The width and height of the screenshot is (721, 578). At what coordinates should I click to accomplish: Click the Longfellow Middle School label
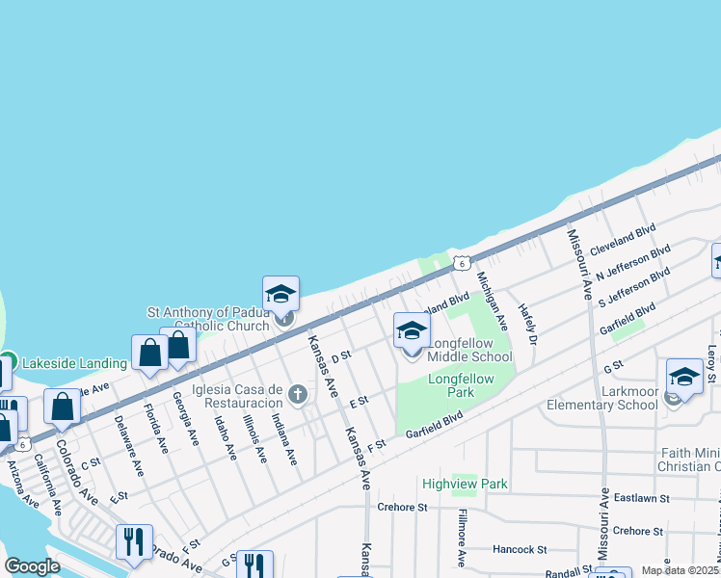pos(469,351)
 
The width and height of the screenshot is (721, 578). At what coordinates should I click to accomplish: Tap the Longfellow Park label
pos(461,385)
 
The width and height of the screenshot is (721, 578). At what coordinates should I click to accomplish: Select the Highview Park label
pos(464,483)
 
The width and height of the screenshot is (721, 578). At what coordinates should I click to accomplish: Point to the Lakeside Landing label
pos(74,363)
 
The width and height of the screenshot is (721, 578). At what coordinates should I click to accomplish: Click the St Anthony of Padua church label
pos(207,319)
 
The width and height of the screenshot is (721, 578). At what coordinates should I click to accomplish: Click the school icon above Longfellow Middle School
pos(412,331)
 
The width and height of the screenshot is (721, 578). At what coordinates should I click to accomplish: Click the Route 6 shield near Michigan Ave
pos(463,262)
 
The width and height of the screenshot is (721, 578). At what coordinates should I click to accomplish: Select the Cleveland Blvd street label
pos(623,238)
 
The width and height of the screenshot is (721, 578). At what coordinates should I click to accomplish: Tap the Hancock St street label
pos(519,549)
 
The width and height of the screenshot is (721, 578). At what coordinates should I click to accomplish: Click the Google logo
pos(32,566)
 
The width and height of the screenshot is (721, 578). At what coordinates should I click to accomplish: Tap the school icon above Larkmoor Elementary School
pos(683,376)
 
